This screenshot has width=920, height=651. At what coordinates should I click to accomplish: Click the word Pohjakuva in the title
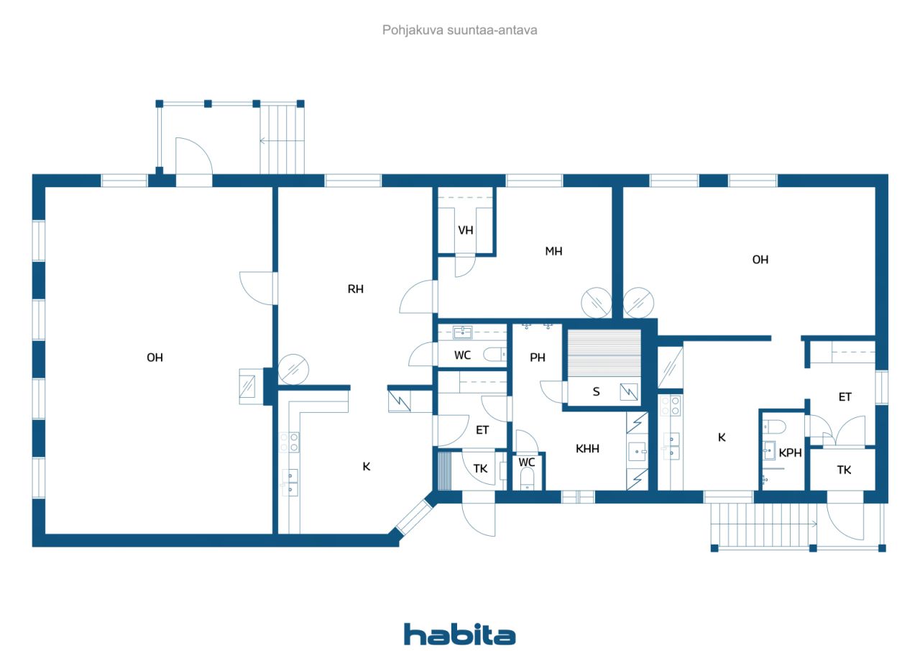click(413, 30)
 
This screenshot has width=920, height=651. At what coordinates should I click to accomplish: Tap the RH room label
click(355, 289)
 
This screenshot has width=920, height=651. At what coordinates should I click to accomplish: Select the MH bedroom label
click(553, 251)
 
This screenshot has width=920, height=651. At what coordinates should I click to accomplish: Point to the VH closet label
click(465, 231)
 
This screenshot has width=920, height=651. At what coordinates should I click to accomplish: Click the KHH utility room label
click(587, 448)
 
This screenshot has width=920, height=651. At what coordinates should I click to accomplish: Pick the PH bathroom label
click(537, 358)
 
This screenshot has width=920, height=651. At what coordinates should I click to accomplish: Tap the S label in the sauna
click(596, 391)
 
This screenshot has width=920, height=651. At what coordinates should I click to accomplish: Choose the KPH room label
click(790, 453)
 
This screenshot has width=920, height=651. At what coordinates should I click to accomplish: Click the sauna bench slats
click(604, 353)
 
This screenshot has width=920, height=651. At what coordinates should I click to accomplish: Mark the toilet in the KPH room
click(774, 427)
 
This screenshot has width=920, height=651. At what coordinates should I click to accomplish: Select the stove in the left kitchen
click(289, 442)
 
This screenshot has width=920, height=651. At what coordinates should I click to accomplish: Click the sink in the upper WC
click(462, 332)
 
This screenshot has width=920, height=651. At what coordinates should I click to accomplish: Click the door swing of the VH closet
click(465, 266)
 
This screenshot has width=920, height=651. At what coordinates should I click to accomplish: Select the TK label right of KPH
click(844, 470)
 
